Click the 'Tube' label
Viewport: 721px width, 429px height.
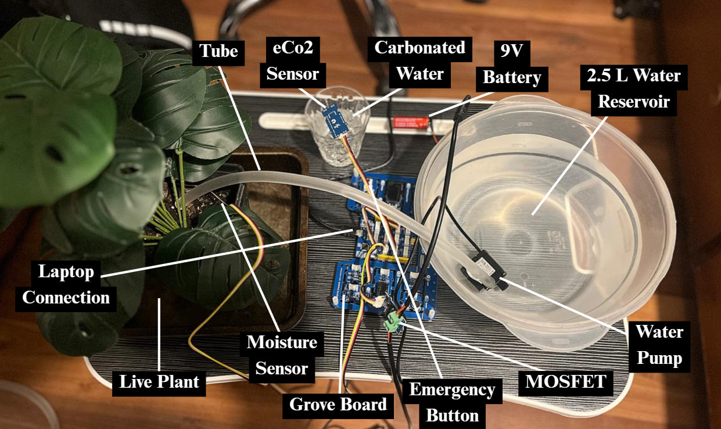pos(219,51)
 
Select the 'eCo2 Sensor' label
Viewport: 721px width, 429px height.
pos(293,60)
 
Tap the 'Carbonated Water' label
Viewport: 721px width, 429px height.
pos(419,60)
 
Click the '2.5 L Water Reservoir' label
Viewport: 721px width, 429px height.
pos(634,88)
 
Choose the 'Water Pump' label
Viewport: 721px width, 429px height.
pos(659,345)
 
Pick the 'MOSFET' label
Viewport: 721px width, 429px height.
pos(565,382)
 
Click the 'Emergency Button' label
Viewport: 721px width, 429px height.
pos(452,402)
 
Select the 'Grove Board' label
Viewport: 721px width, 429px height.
pos(338,404)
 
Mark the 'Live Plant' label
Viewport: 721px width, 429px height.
pos(159,382)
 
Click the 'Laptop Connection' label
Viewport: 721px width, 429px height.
pos(66,285)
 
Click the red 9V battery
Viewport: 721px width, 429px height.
pos(410,122)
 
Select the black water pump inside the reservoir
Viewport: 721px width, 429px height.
pos(483,267)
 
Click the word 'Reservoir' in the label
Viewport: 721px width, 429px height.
pos(634,102)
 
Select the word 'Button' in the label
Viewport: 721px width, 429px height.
pos(452,416)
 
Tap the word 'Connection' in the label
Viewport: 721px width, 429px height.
pos(66,298)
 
